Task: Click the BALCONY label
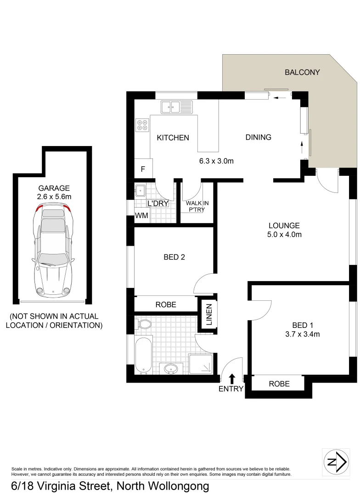tap(302, 72)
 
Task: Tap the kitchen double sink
tap(176, 107)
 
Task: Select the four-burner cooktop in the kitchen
tap(142, 124)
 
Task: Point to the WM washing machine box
tap(141, 216)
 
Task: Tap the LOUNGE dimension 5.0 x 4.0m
tap(285, 235)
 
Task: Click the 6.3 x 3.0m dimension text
tap(216, 161)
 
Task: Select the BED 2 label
tap(174, 257)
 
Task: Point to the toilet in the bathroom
tap(144, 325)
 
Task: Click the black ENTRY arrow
tap(232, 378)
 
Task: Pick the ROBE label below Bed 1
tap(279, 383)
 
